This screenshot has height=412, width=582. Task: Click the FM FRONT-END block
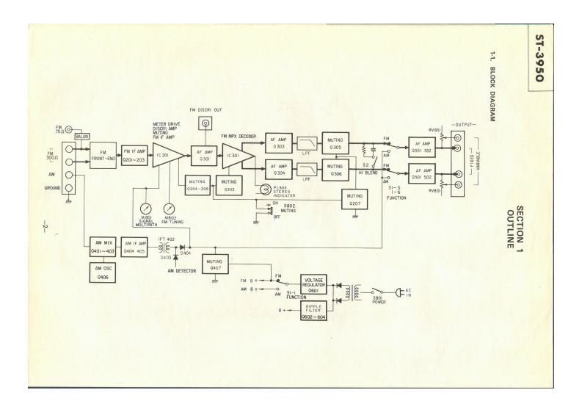coord(101,156)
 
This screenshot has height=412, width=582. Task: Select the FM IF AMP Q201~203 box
coord(134,156)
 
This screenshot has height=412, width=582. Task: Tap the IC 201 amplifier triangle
coord(166,155)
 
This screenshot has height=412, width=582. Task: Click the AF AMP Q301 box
coord(203,155)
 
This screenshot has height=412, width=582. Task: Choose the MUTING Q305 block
coord(335,143)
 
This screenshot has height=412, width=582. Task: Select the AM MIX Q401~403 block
coord(100,245)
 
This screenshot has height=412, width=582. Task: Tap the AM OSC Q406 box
coord(100,271)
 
